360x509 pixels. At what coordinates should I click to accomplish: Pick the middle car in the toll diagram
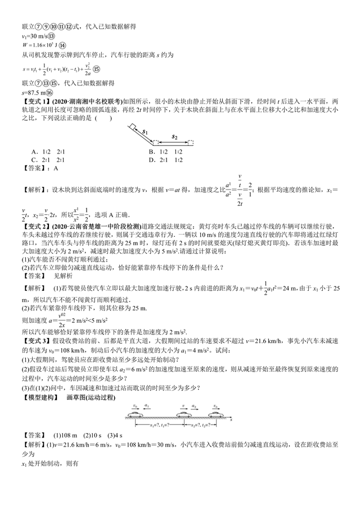click(183, 415)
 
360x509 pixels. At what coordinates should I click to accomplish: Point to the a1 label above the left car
click(147, 405)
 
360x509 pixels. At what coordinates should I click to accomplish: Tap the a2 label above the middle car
click(194, 405)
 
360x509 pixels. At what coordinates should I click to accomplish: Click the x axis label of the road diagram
click(231, 420)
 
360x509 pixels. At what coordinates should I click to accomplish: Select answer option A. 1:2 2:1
click(48, 151)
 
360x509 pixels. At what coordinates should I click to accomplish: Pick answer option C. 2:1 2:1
click(48, 159)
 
